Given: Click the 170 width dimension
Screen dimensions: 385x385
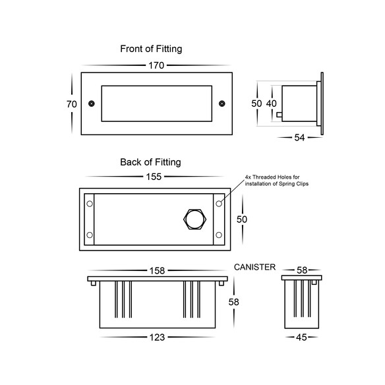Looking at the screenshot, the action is click(156, 65).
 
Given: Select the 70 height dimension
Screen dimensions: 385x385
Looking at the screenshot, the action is click(72, 104).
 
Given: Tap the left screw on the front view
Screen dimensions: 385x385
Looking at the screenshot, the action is click(92, 104).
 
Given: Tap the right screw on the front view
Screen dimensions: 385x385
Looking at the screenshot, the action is click(222, 104).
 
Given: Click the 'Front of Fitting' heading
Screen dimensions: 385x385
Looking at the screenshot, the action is click(151, 49).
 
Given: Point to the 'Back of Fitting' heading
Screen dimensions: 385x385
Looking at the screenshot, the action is click(150, 162).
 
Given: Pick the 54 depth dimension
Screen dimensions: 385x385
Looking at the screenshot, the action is click(299, 138).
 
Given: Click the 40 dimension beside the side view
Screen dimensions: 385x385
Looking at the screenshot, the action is click(272, 104).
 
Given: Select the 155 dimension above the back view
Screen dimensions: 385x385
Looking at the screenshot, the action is click(154, 177).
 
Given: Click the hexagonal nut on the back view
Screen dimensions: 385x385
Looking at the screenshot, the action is click(195, 220).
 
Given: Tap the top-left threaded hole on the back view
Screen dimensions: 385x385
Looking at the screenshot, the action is click(90, 204).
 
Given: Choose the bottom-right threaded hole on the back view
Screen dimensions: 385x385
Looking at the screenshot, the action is click(219, 235).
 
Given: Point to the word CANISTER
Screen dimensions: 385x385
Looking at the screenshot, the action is click(254, 267).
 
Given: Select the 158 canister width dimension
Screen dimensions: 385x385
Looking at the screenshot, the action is click(157, 271).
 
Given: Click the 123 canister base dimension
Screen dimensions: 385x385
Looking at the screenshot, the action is click(157, 338).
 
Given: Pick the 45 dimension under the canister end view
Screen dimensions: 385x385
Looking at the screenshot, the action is click(301, 338).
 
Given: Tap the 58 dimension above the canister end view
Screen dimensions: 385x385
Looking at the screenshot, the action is click(302, 270).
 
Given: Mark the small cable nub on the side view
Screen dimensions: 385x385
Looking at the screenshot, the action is click(279, 115).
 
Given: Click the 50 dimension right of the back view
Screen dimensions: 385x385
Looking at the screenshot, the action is click(242, 220).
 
